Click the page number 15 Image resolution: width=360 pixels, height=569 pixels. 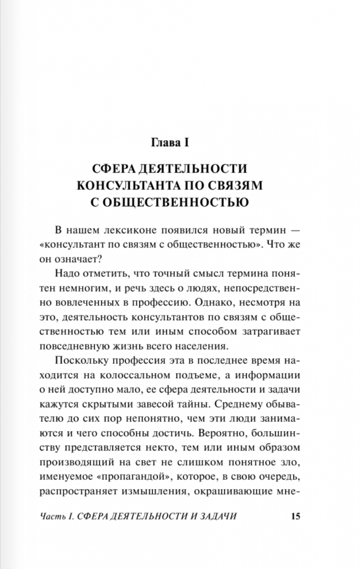tap(295, 516)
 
